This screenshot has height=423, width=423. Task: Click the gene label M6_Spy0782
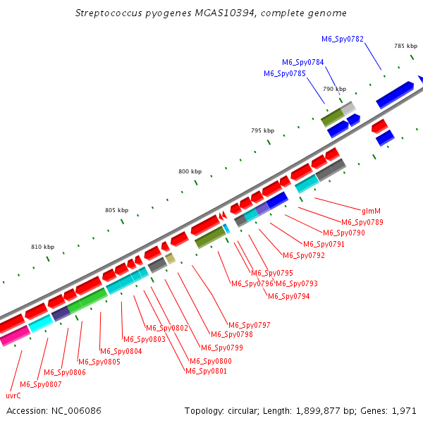click(343, 39)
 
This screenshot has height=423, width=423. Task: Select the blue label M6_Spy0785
click(285, 73)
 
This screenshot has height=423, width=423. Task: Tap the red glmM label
click(371, 211)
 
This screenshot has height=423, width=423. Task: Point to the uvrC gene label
click(13, 396)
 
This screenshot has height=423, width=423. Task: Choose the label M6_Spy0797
click(250, 325)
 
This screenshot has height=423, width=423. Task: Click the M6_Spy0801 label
click(206, 371)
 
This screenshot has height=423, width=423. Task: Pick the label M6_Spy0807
click(41, 384)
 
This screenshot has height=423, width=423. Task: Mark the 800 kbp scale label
click(190, 171)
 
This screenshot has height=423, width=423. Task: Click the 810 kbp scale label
click(42, 247)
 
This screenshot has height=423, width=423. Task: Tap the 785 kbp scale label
click(406, 46)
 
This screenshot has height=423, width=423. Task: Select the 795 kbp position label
click(262, 130)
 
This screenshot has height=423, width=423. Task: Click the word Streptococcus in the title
click(109, 13)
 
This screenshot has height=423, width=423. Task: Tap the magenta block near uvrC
click(16, 336)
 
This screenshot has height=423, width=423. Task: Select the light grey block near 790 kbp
click(348, 108)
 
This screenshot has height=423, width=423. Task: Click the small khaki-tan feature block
click(170, 259)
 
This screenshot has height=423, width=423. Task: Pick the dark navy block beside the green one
click(61, 314)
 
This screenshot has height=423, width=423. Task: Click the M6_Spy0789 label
click(362, 222)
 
